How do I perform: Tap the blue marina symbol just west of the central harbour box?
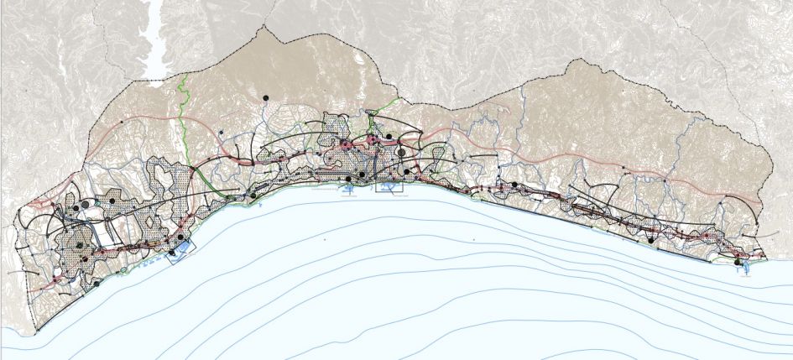coord(347,189)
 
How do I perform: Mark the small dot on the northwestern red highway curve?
coord(121,123)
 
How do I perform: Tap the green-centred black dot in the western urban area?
coord(79,246)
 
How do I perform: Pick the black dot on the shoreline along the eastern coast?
coord(650,239)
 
